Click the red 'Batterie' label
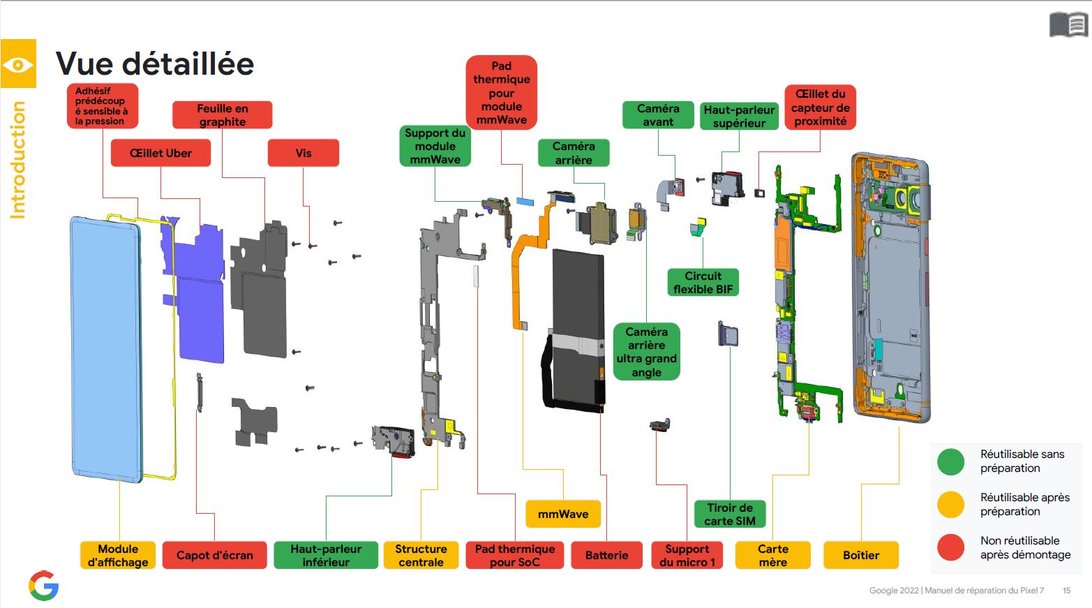point(606,555)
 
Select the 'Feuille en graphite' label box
point(223,114)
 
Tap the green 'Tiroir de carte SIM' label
point(730,514)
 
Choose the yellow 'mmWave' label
point(563,514)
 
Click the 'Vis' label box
point(304,153)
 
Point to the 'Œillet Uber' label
point(161,153)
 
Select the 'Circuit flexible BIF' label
point(703,282)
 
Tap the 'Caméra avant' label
point(658,115)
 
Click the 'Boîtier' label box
point(861,555)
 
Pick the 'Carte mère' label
point(772,555)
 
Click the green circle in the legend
point(950,461)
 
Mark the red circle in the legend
point(950,547)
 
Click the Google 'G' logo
point(44,585)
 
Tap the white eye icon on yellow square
point(18,64)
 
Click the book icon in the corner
point(1068,24)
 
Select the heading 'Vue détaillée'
point(155,64)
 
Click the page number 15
point(1067,591)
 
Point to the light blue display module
point(106,349)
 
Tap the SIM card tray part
point(728,334)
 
